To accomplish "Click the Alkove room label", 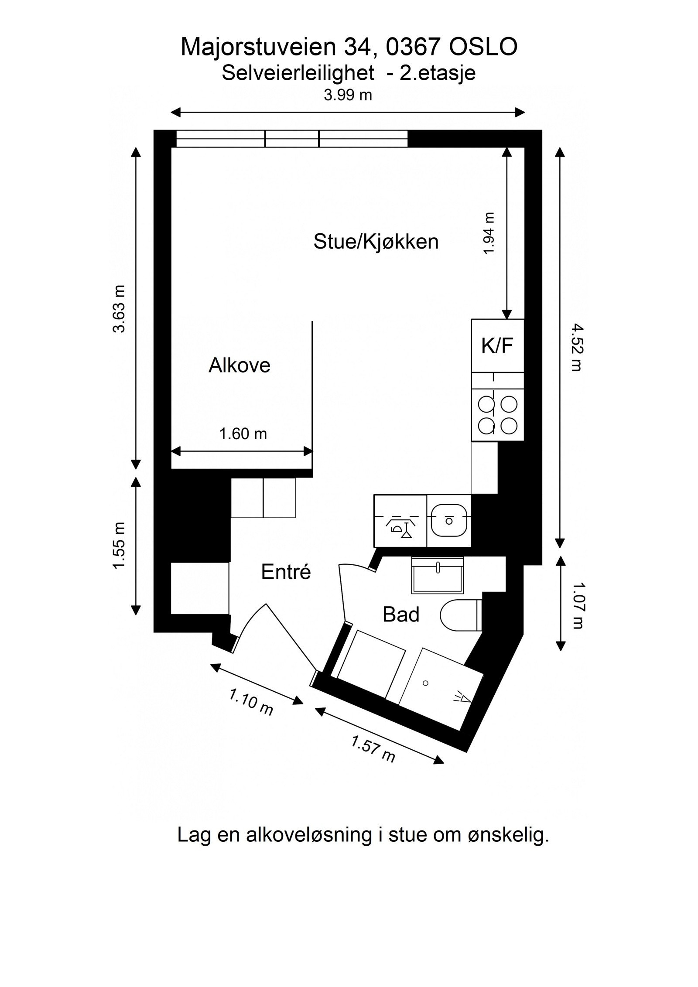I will pos(239,365).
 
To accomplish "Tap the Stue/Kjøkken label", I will pos(376,242).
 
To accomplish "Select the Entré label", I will pos(286,572).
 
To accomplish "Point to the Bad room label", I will pos(400,615).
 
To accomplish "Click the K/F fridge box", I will pos(497,346).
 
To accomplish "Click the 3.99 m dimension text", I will pos(348,95).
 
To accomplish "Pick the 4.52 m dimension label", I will pos(576,347).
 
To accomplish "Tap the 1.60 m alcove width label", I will pos(243,434).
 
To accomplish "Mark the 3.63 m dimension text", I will pos(119,309).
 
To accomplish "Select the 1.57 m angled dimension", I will pos(373,749).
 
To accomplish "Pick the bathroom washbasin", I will pos(437,576).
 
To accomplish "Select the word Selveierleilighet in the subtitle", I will pos(298,73).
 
